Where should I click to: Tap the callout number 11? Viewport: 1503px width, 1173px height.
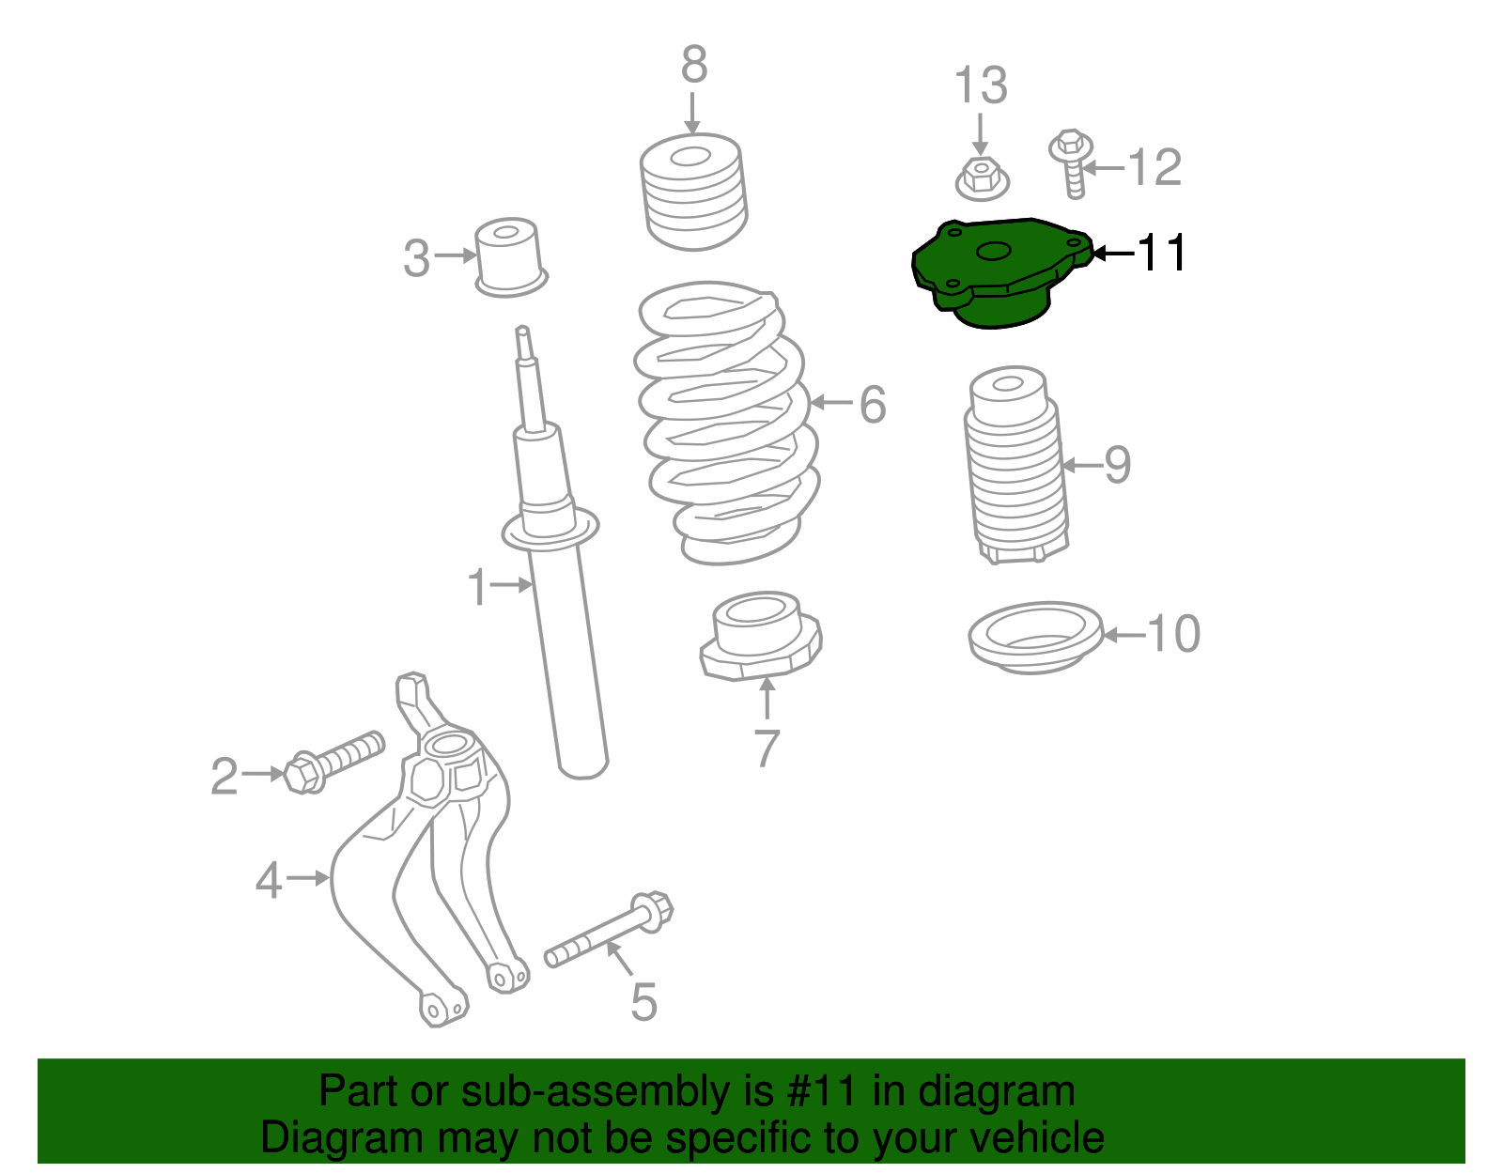pos(1161,253)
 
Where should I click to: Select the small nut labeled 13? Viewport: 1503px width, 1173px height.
pos(982,178)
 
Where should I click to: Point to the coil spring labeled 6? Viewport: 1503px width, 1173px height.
pos(723,423)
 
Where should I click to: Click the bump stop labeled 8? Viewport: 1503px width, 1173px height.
pos(693,193)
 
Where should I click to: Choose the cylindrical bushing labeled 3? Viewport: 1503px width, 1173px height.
pos(509,255)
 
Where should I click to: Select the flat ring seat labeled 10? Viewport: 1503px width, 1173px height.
pos(1035,637)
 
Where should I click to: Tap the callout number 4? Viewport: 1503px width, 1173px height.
pos(269,880)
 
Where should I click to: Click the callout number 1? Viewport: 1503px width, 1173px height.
pos(478,587)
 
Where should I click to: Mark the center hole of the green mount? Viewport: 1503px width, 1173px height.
pos(994,252)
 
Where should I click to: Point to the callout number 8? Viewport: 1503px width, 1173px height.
pos(693,66)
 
